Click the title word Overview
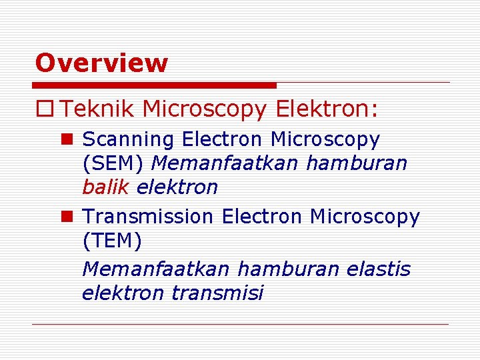tap(101, 63)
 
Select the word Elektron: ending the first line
tap(327, 109)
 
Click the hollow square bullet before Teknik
tap(48, 109)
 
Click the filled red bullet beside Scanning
tap(65, 139)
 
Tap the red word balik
tap(106, 187)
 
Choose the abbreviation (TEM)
tap(112, 241)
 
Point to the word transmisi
tap(217, 293)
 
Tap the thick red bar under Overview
tap(154, 85)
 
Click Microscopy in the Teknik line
tap(204, 109)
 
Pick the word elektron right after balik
tap(177, 187)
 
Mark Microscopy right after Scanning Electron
tap(325, 140)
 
